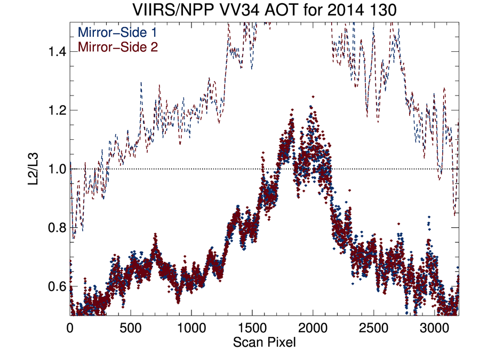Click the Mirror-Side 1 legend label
click(x=117, y=32)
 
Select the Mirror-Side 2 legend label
click(x=118, y=47)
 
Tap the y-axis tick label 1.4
click(x=57, y=52)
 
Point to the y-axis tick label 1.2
click(x=57, y=110)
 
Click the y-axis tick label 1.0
click(x=57, y=169)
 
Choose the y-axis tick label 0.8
click(x=57, y=228)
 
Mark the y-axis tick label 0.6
click(x=57, y=286)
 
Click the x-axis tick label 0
click(x=70, y=328)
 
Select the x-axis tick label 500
click(x=131, y=328)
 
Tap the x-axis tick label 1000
click(x=191, y=328)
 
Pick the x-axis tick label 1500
click(x=252, y=328)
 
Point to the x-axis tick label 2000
click(x=313, y=328)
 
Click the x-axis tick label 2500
click(x=373, y=328)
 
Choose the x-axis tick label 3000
click(x=434, y=328)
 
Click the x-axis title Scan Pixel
click(x=265, y=342)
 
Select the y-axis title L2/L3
click(x=33, y=169)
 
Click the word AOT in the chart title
click(x=281, y=10)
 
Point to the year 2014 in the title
click(x=346, y=10)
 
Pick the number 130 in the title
click(x=382, y=10)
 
